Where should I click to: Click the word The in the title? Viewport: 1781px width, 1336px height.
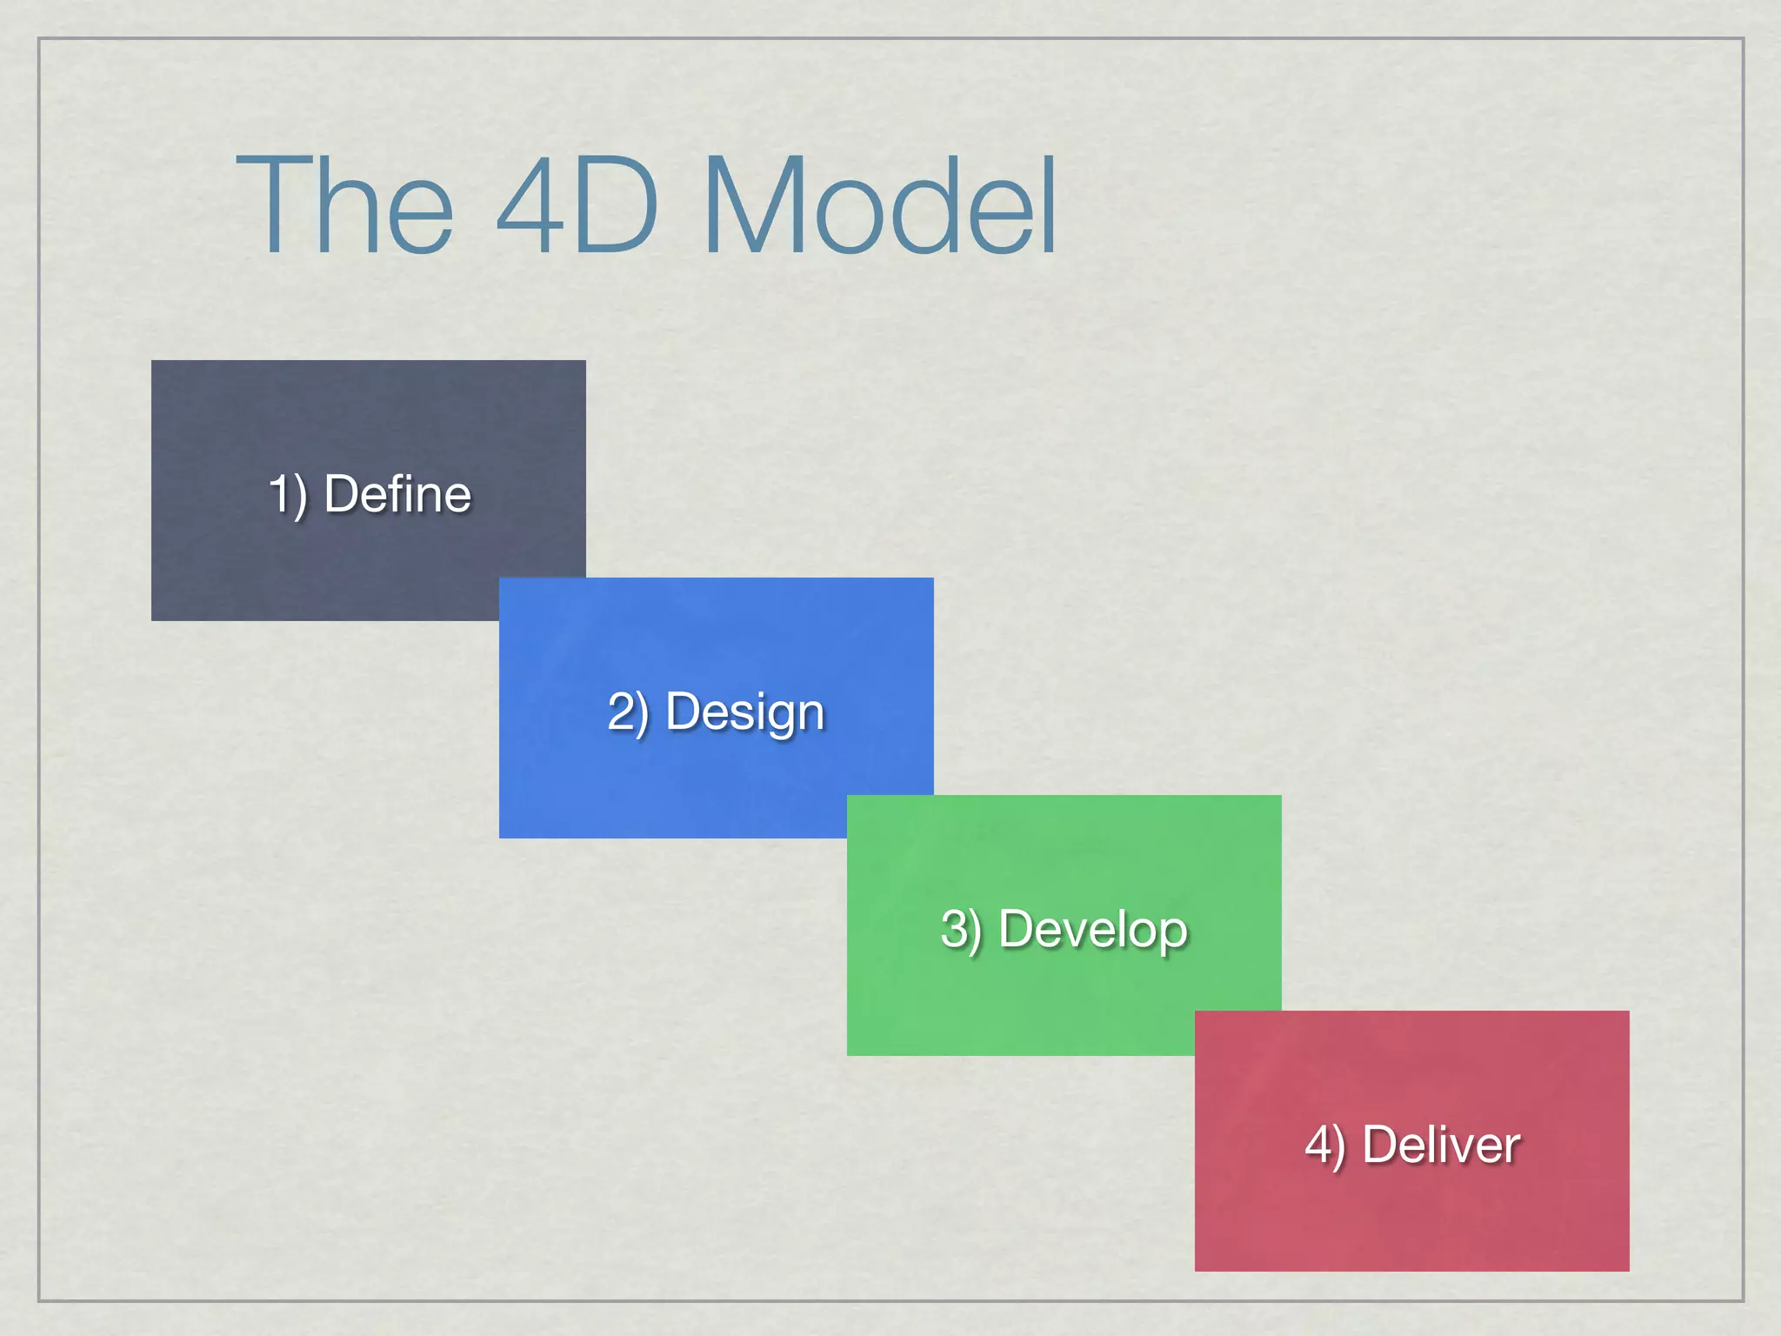344,205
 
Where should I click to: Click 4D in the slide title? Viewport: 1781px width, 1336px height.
577,205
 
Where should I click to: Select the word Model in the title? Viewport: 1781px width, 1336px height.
880,205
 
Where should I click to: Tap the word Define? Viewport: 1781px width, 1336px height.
397,494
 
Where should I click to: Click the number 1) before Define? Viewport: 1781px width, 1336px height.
288,496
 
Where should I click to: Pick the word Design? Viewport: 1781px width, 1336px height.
744,713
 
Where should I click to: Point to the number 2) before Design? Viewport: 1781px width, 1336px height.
628,713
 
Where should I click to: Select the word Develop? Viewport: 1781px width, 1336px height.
1092,931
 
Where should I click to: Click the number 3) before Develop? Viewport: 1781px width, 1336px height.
961,931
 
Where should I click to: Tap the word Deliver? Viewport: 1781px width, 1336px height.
1441,1145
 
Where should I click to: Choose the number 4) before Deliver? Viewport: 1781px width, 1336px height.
1325,1146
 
